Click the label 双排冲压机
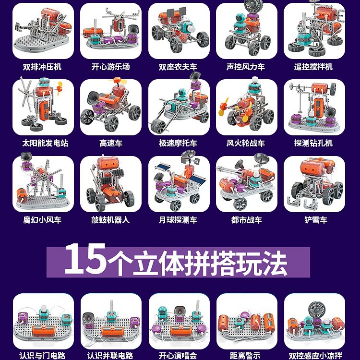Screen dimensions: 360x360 tap(42, 67)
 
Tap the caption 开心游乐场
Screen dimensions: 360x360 tap(111, 67)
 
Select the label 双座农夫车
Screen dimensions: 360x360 tap(178, 67)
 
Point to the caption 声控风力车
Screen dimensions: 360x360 tap(246, 67)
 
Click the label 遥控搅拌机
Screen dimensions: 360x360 tap(313, 67)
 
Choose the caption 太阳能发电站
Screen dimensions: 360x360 tap(45, 143)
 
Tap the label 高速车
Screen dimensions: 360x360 tap(111, 143)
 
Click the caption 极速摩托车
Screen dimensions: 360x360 tap(178, 143)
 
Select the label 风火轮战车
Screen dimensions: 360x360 tap(246, 143)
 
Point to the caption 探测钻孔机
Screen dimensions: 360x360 tap(313, 143)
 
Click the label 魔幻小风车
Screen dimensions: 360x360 tap(42, 220)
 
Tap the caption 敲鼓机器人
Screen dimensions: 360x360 tap(110, 220)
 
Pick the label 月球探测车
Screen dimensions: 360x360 tap(178, 220)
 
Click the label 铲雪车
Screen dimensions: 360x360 tap(316, 220)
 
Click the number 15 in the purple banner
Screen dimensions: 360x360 tap(85, 259)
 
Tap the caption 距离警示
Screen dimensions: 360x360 tap(245, 356)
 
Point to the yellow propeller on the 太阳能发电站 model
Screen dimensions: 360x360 tap(59, 89)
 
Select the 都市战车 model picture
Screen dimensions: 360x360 tap(247, 184)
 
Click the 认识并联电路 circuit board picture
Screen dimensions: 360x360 tap(111, 322)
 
